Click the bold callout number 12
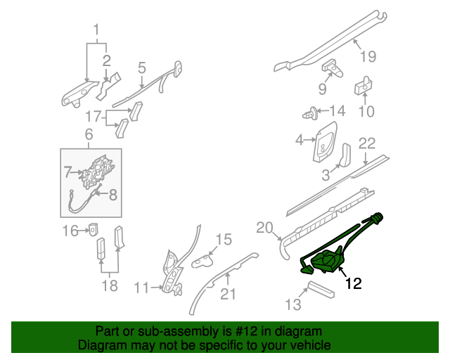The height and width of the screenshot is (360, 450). click(x=353, y=283)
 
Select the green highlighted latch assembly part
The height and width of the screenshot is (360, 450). click(x=325, y=262)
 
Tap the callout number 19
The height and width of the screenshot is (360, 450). click(x=368, y=57)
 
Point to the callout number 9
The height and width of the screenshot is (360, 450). click(x=322, y=89)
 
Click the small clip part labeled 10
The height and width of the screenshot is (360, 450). click(x=362, y=86)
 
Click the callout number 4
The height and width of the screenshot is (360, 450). click(x=300, y=141)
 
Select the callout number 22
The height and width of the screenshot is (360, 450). click(x=367, y=143)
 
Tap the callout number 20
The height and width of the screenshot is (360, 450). click(x=264, y=227)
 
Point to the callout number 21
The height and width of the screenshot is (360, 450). click(x=228, y=293)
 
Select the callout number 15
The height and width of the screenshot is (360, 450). click(x=223, y=240)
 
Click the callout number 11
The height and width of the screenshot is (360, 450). click(x=142, y=287)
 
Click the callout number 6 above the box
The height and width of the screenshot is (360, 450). click(x=89, y=134)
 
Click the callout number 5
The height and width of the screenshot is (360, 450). click(x=141, y=68)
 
